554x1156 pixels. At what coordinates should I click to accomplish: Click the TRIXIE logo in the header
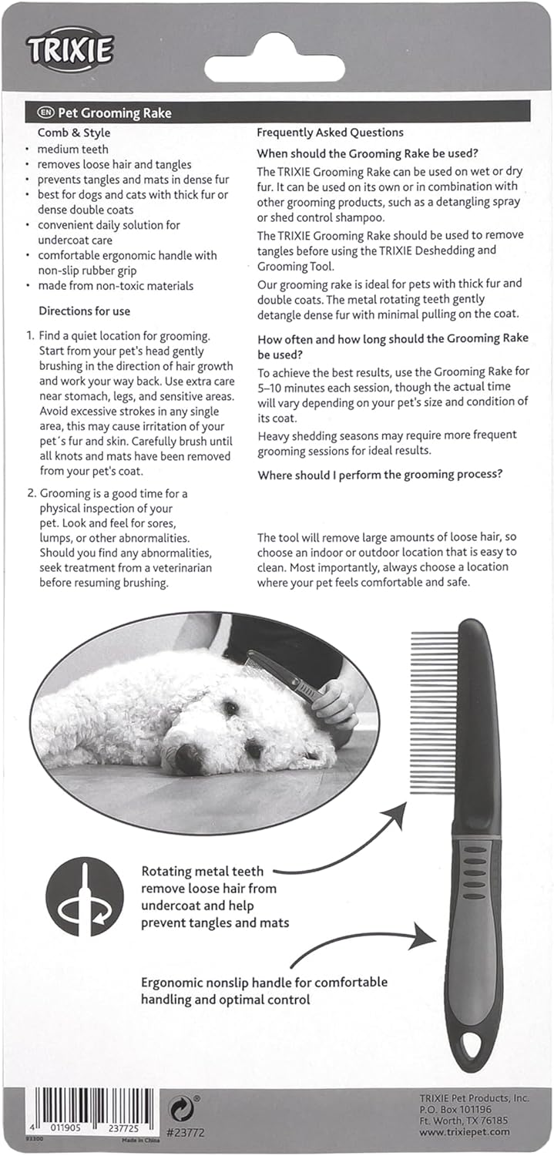[70, 50]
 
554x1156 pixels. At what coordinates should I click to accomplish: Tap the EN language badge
[46, 113]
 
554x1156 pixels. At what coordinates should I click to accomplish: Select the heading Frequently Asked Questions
[330, 133]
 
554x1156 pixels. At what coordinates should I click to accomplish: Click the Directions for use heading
[85, 311]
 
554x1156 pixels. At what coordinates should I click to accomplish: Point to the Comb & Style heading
[74, 133]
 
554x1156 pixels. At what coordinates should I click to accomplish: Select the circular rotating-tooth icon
[85, 896]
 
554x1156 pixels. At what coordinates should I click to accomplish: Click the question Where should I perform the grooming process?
[380, 475]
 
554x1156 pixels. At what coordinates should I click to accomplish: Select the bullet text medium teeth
[73, 149]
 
